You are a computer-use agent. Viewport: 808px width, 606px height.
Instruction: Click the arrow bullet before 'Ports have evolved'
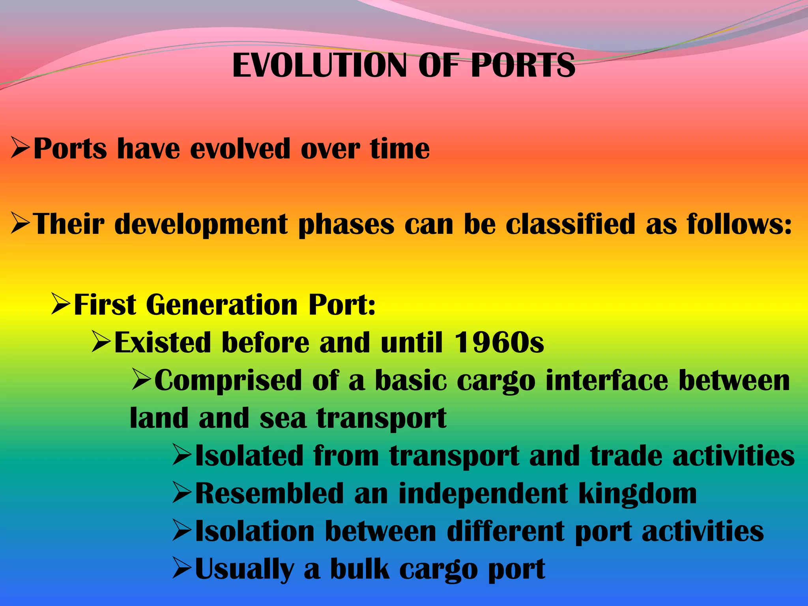(x=21, y=148)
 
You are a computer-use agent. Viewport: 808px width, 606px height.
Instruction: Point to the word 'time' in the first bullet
(x=400, y=149)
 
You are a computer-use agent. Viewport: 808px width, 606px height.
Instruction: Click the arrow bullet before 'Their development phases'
(x=21, y=223)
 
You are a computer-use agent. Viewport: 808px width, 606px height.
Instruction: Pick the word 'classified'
(x=570, y=224)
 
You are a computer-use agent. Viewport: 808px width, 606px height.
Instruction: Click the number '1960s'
(x=499, y=342)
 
